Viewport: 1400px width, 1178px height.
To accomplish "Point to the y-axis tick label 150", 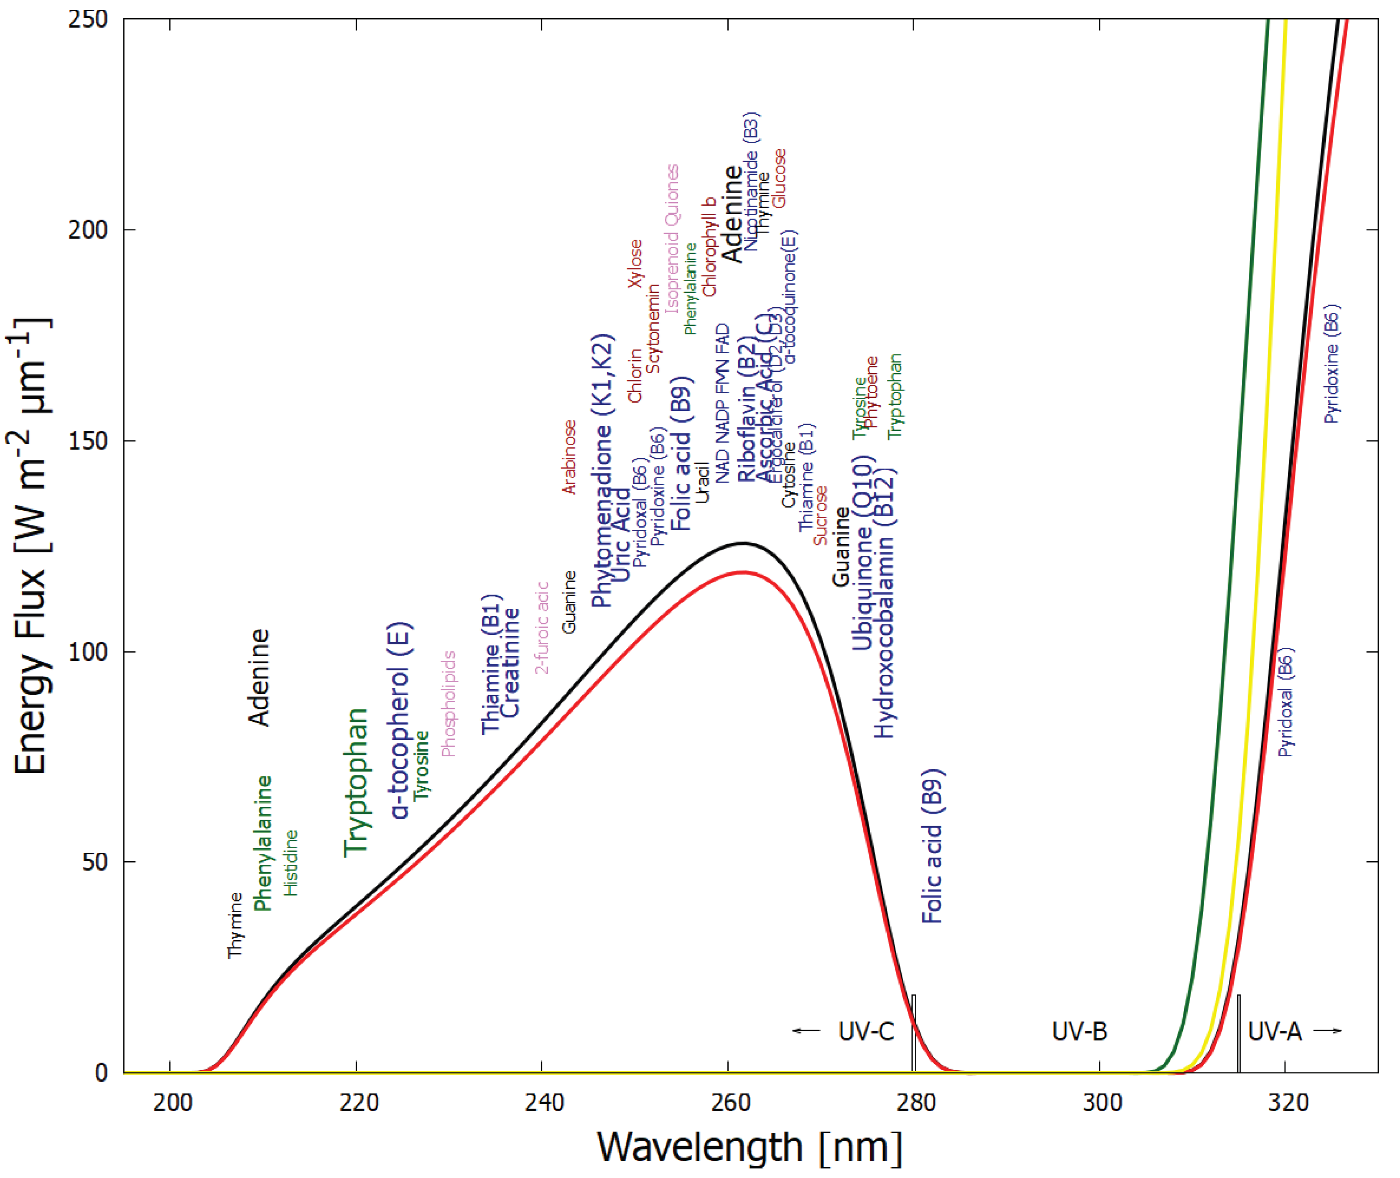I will click(x=88, y=441).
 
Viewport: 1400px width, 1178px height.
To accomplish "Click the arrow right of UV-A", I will click(x=1327, y=1031).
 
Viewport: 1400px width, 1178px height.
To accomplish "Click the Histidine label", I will click(x=291, y=863).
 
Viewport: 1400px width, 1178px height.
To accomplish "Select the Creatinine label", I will click(x=510, y=663).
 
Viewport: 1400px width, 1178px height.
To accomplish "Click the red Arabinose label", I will click(x=569, y=457).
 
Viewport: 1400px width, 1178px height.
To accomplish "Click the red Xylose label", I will click(x=635, y=264).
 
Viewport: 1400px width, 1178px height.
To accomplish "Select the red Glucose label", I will click(x=779, y=178).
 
